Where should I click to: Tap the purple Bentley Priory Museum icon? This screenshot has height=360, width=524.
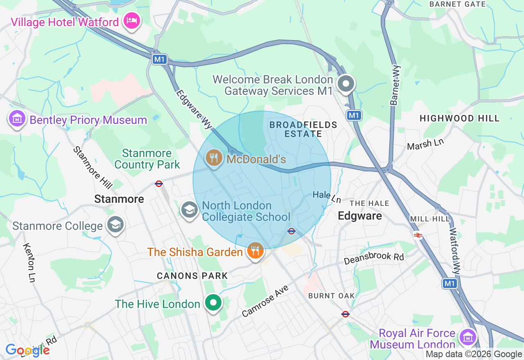(17, 119)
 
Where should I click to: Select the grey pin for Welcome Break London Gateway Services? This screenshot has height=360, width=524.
(346, 84)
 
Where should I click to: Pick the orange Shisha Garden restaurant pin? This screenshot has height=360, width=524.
(255, 251)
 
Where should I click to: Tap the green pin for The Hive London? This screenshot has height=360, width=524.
(213, 303)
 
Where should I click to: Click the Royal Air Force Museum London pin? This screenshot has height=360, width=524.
(466, 337)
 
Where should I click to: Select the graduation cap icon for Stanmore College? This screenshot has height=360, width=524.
(115, 225)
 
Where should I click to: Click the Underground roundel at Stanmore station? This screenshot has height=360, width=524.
(159, 184)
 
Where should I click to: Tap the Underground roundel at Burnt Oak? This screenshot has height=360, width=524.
(346, 314)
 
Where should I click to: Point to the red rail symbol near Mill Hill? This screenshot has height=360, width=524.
(418, 235)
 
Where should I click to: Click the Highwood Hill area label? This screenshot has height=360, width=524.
(459, 119)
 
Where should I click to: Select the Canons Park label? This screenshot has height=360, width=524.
(192, 276)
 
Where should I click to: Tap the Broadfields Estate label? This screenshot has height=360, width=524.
(303, 129)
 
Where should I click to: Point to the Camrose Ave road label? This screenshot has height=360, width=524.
(265, 301)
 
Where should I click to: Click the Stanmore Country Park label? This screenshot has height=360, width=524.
(147, 159)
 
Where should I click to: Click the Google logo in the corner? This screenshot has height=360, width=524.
(27, 350)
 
